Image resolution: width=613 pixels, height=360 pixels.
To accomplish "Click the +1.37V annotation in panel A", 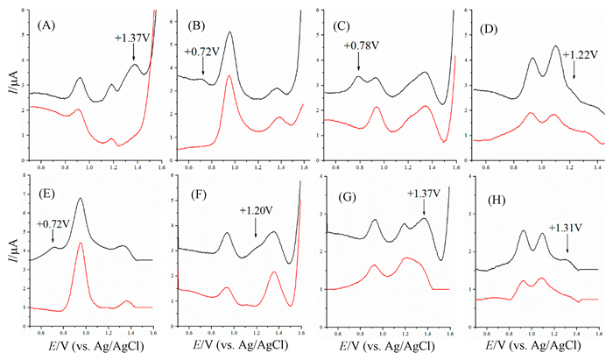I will coord(133,38).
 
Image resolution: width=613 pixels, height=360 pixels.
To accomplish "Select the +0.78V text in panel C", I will coord(362,46).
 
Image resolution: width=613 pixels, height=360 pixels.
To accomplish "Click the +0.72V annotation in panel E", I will coord(53,225).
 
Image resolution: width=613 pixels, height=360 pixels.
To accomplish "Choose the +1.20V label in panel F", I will coord(257,210).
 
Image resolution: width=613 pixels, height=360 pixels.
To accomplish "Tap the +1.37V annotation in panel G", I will coord(424,194).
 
